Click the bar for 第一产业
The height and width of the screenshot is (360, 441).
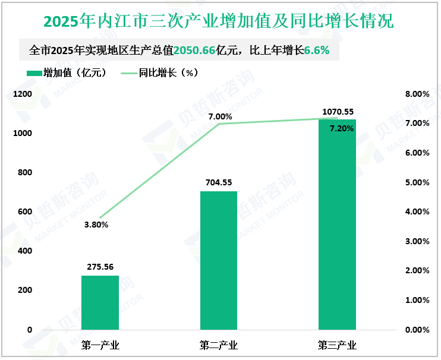(100, 302)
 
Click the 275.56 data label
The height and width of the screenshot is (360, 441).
(100, 267)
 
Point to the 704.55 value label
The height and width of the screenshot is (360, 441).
(219, 182)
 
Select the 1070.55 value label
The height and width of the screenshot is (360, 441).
(338, 111)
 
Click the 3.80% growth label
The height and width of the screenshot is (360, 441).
(96, 225)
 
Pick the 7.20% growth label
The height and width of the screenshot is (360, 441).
(342, 128)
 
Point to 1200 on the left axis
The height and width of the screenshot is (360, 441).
(22, 94)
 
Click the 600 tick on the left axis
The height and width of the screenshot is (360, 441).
(24, 212)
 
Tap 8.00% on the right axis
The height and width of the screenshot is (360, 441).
(417, 94)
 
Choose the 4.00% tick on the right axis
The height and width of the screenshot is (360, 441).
(417, 212)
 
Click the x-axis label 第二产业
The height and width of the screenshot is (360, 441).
(219, 345)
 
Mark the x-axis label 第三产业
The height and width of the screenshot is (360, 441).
(337, 345)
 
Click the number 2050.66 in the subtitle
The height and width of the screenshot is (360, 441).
(194, 50)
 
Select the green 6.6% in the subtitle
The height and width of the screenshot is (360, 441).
(317, 50)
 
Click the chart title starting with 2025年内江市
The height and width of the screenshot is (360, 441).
(219, 22)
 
